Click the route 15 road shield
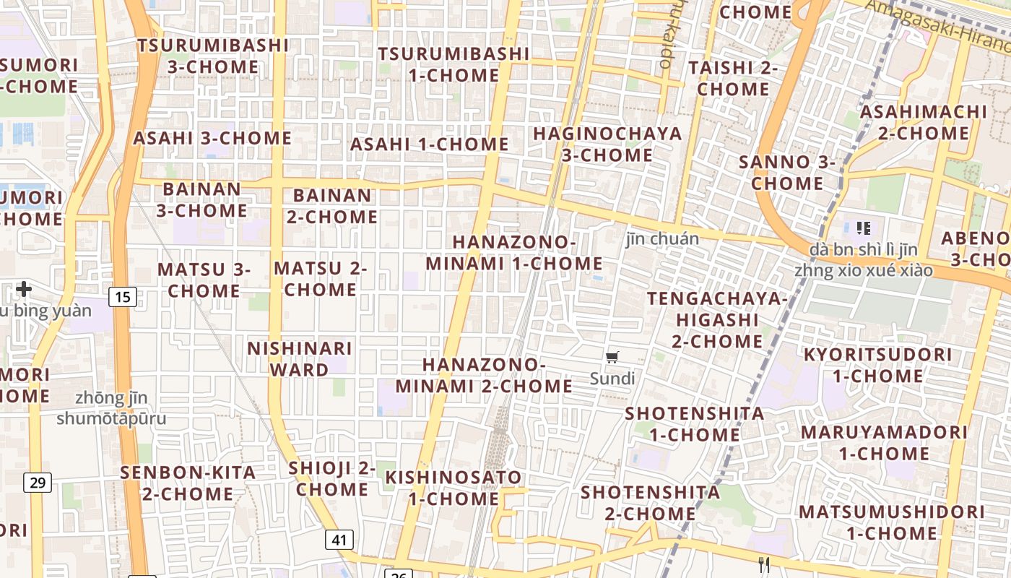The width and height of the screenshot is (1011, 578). pos(123,296)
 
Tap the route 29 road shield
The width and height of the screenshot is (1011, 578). pos(38,482)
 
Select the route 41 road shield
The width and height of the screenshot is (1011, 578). pos(339,539)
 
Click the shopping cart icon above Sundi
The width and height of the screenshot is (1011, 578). pos(612,357)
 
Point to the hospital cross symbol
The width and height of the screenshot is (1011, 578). pos(24,289)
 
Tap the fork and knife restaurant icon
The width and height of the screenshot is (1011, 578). pos(765,564)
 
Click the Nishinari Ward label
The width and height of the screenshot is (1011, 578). pos(300,359)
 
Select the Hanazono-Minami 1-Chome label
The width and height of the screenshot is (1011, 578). pos(513,253)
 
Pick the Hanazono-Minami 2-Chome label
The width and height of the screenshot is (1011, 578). pos(484,375)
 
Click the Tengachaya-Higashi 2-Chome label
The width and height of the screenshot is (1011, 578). pos(715,319)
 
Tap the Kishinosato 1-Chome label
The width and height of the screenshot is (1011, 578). pos(454,488)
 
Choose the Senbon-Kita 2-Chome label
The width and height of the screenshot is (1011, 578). pos(188,483)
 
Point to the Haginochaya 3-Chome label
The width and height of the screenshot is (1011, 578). pos(607,144)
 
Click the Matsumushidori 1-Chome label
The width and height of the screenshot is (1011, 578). pos(891,522)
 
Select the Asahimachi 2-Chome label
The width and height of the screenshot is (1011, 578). pos(924,122)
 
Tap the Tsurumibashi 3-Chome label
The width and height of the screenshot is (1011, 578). pos(213,56)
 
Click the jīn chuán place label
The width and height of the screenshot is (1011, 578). pos(662,239)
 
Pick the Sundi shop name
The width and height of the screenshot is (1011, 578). pos(612,379)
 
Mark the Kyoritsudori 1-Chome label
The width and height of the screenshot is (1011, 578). pos(877,365)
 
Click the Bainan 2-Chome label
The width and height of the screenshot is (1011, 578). pos(332,206)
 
